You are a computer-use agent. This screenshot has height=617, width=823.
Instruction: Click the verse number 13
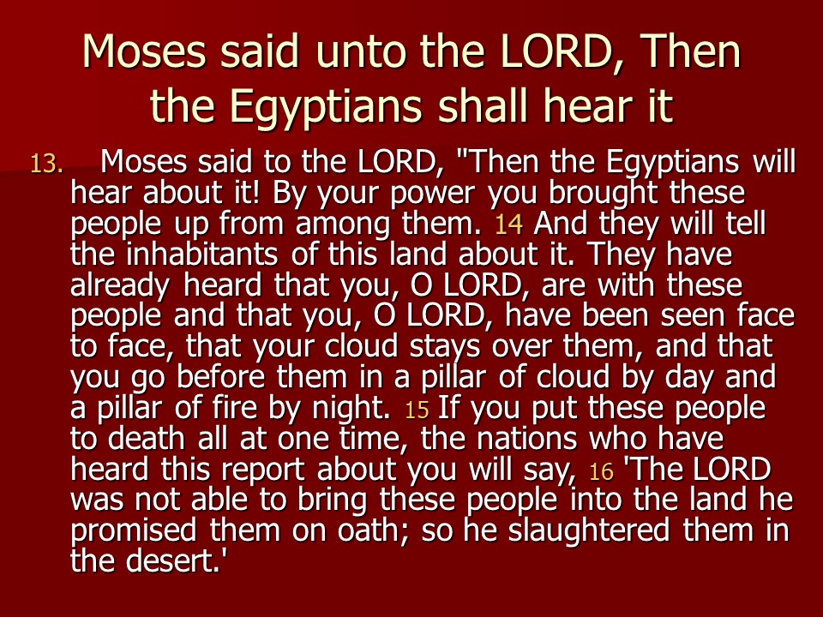pyautogui.click(x=46, y=165)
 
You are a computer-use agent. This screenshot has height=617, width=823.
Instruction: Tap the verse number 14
pyautogui.click(x=508, y=224)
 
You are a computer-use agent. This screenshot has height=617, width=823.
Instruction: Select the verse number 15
pyautogui.click(x=417, y=410)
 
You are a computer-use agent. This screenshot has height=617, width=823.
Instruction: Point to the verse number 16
pyautogui.click(x=601, y=471)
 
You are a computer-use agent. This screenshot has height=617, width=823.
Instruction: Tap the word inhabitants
pyautogui.click(x=201, y=255)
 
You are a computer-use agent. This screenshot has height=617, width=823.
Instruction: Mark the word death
pyautogui.click(x=146, y=439)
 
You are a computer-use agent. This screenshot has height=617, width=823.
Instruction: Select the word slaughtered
pyautogui.click(x=588, y=531)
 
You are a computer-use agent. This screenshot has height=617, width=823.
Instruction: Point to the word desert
pyautogui.click(x=172, y=560)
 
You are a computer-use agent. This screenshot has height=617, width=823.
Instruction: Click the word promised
pyautogui.click(x=133, y=531)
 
